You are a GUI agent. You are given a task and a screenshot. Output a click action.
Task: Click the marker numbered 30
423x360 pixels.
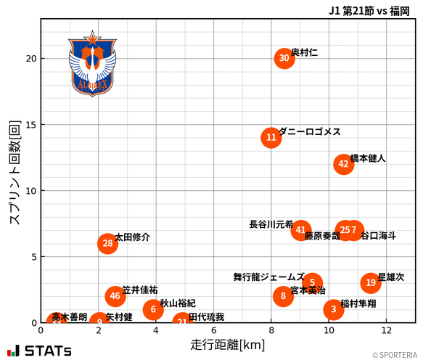[x=284, y=59]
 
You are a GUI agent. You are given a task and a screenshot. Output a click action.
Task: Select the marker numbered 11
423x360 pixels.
[x=271, y=137]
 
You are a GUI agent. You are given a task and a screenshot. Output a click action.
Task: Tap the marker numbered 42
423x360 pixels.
[x=344, y=164]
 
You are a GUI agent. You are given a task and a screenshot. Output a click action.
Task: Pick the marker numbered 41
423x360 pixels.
[x=300, y=230]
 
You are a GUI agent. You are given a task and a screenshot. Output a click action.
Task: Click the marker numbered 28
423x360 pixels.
[x=107, y=243]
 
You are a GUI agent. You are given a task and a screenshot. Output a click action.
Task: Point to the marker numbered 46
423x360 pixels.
[x=115, y=296]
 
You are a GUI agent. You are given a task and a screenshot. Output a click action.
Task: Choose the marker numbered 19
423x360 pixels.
[x=371, y=283]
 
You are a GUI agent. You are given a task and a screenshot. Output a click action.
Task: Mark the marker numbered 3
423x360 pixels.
[x=333, y=310]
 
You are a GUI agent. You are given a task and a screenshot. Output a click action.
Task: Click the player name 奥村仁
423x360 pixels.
[x=304, y=53]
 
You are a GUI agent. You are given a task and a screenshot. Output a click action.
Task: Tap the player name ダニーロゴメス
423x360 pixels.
[x=310, y=131]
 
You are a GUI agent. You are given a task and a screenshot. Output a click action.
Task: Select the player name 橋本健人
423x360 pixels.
[x=368, y=157]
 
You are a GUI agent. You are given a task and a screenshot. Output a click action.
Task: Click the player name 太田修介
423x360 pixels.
[x=133, y=237]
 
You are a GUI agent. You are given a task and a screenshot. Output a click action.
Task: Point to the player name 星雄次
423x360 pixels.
[x=391, y=277]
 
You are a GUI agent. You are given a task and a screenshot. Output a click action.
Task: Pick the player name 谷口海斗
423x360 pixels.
[x=379, y=236]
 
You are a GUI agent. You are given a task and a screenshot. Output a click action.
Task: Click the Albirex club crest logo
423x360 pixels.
[x=92, y=65]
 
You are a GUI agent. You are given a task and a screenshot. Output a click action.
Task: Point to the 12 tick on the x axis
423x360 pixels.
[x=386, y=330]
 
